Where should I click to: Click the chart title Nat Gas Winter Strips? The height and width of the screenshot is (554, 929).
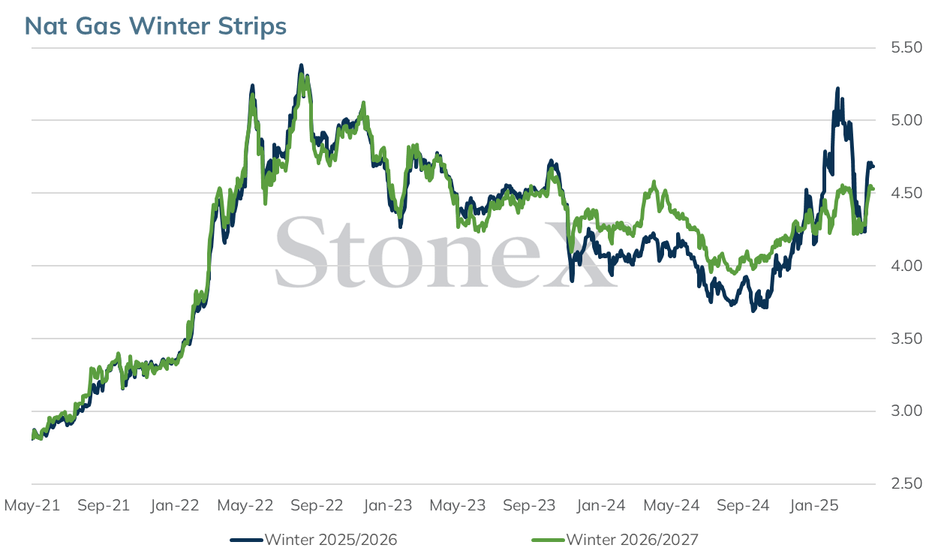coord(155,26)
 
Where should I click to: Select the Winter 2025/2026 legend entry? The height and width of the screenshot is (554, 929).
coord(314,540)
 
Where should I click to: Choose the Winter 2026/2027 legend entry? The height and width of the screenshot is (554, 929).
coord(615,540)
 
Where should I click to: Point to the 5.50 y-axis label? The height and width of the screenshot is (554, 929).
coord(907,47)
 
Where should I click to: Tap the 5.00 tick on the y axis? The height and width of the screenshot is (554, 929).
coord(907,120)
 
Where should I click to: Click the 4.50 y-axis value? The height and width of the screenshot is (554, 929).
coord(907,193)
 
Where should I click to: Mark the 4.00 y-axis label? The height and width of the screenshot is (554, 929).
coord(907,266)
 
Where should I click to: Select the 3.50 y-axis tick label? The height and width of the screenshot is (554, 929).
coord(907,339)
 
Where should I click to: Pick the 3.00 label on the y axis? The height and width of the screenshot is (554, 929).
coord(907,411)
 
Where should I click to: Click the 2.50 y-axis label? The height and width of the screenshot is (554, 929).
coord(907,483)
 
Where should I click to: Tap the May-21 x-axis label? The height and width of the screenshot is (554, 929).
coord(32,505)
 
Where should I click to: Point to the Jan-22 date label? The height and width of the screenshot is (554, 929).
coord(175,505)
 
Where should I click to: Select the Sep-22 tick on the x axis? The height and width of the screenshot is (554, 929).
coord(317,505)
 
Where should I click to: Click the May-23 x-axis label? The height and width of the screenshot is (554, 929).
coord(458,505)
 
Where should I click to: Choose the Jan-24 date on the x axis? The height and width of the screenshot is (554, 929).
coord(600,505)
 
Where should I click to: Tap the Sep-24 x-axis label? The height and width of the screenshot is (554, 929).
coord(743,505)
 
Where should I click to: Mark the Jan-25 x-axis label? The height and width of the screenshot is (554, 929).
coord(814,505)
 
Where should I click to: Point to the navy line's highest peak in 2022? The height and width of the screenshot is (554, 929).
coord(301,65)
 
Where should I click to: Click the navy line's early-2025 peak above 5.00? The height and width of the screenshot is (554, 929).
coord(837,89)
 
